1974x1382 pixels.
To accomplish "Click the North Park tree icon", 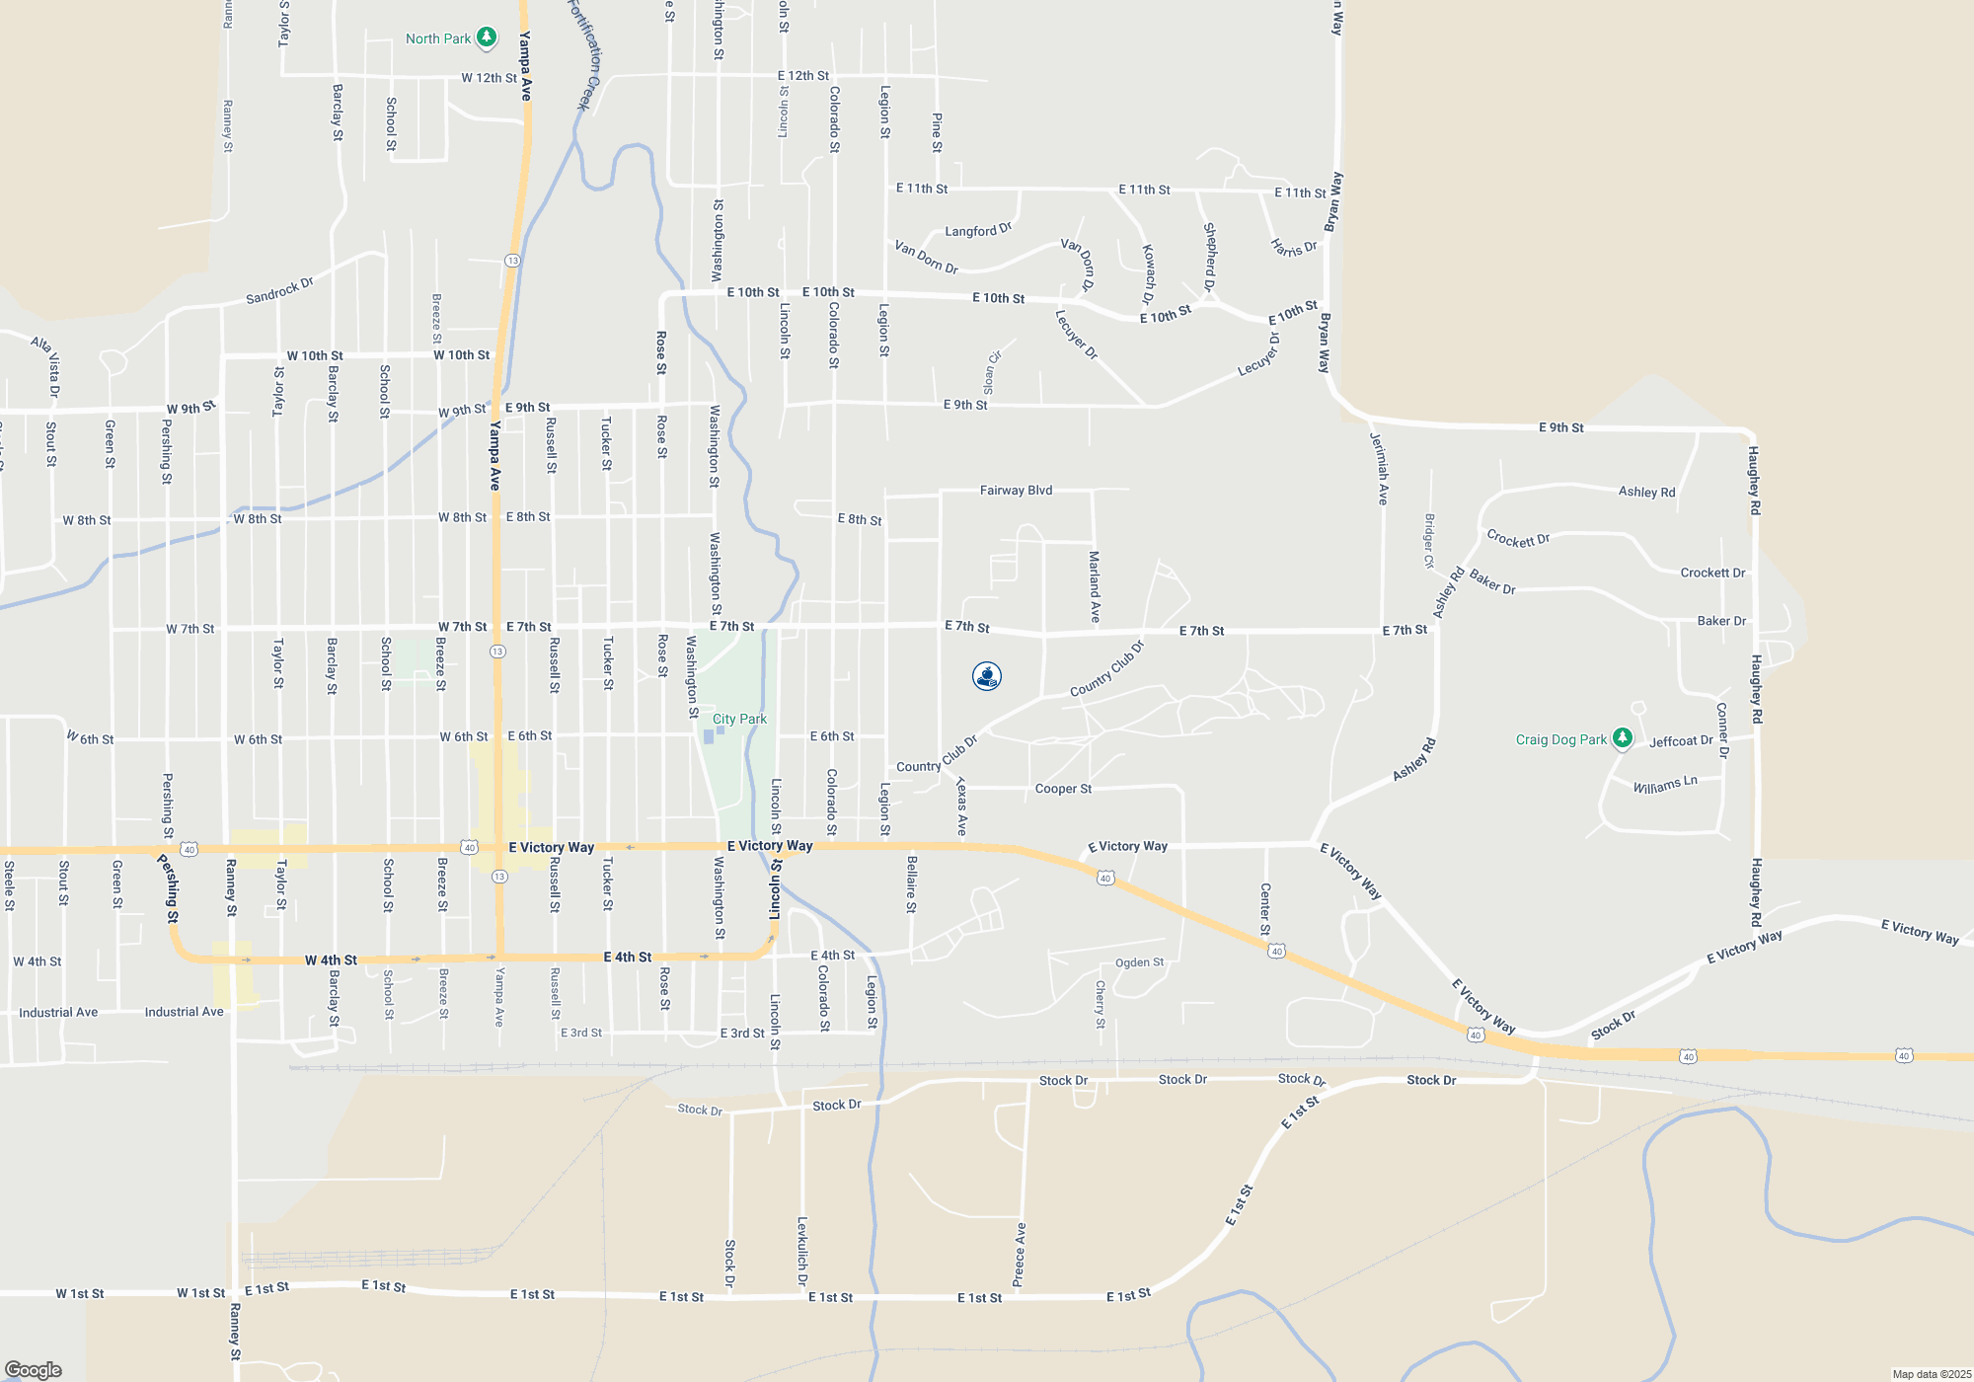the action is (x=486, y=38).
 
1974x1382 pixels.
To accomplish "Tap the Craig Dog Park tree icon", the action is (x=1622, y=738).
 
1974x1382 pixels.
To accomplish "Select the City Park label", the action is (x=739, y=719).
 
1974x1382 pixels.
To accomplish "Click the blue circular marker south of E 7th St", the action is (x=987, y=676).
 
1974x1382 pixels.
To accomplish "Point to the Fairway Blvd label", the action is (x=1016, y=490).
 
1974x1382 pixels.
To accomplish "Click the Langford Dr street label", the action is (x=978, y=230).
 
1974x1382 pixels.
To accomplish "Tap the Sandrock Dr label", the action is (x=279, y=290).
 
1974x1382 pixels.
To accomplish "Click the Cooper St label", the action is (x=1063, y=789).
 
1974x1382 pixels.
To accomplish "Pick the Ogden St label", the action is (x=1139, y=962).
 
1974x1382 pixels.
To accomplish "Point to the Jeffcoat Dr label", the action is (x=1681, y=740).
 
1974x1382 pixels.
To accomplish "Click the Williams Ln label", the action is (x=1665, y=785).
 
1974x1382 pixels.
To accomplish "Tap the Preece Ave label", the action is (x=1020, y=1255).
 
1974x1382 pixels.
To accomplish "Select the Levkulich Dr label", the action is (x=802, y=1251).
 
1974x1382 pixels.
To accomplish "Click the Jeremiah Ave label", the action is (x=1381, y=469).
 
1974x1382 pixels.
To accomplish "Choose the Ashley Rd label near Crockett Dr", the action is (x=1448, y=592).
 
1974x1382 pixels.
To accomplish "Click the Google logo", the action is (x=34, y=1369).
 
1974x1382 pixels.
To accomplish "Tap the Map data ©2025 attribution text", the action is (x=1931, y=1374).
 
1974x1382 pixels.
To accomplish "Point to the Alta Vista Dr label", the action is (x=46, y=364).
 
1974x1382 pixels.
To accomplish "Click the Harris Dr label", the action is (x=1294, y=248).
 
